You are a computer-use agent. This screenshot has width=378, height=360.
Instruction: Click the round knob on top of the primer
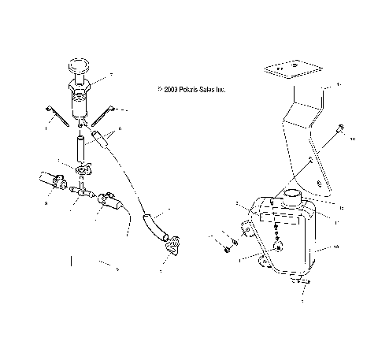[80, 65]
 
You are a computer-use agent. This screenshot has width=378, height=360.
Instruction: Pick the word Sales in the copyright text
[206, 91]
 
